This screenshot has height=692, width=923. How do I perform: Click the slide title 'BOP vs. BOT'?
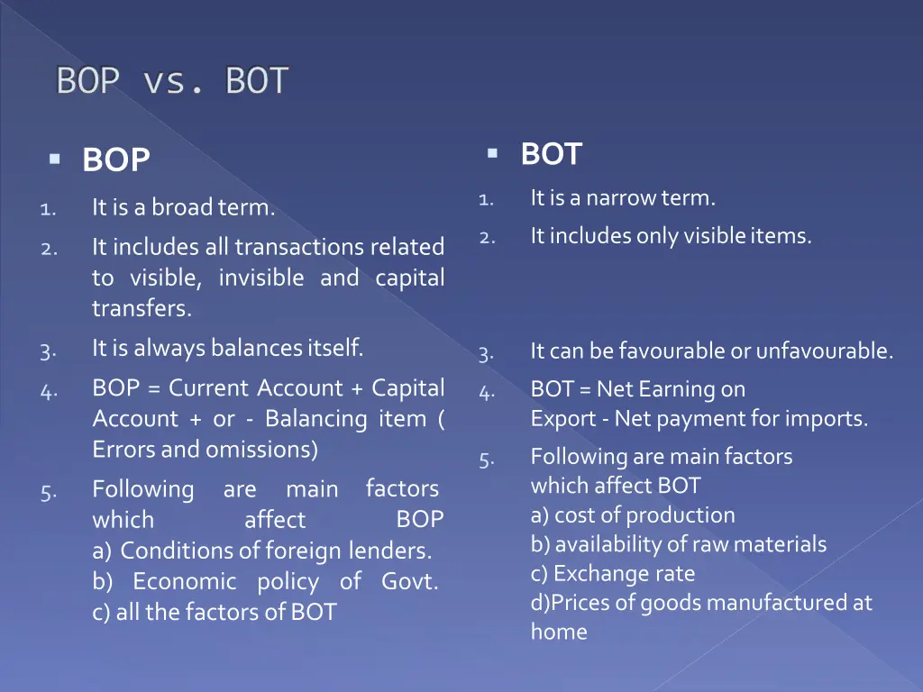(172, 82)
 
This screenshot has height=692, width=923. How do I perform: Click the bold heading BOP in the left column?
(115, 160)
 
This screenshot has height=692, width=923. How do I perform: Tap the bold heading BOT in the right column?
(551, 154)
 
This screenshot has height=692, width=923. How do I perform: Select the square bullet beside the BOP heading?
(55, 159)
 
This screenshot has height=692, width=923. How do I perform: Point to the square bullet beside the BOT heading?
(492, 153)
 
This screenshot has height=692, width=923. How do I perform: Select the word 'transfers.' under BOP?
(142, 309)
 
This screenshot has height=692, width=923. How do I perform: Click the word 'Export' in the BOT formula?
(556, 419)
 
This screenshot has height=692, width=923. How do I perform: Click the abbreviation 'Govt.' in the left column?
(409, 581)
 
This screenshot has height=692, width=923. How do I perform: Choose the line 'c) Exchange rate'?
(613, 574)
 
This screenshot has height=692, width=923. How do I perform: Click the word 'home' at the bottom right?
(559, 633)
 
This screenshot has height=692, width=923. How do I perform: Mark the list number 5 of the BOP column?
(49, 492)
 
